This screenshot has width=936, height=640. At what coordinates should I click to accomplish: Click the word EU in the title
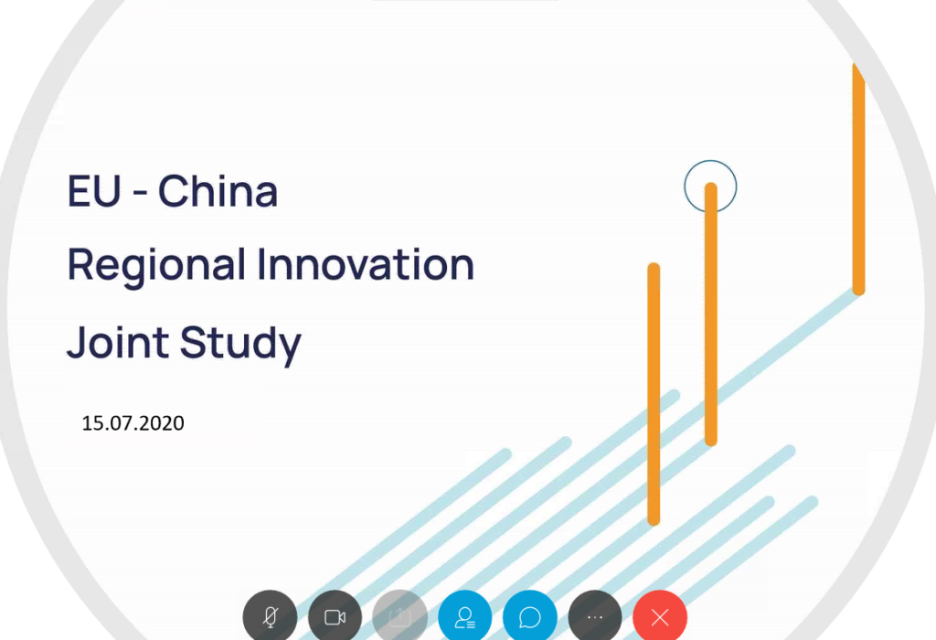point(93,192)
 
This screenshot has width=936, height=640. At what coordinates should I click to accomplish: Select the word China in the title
point(218,192)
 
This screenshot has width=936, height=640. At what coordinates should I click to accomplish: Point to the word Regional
point(156,266)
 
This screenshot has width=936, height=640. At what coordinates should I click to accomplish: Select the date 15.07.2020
point(133,423)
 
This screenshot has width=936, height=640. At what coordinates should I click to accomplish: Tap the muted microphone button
point(270,617)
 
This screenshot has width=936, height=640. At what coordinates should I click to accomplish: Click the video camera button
point(335,617)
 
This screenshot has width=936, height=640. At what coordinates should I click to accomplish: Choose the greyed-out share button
point(400,617)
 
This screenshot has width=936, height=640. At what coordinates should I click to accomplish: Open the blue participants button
point(465,617)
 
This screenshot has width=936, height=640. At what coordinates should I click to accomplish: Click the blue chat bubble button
point(530,617)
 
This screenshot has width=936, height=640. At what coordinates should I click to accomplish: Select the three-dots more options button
point(595,617)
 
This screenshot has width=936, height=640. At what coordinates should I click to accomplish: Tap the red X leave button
point(660,617)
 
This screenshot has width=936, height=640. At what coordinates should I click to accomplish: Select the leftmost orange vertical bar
point(654,393)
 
